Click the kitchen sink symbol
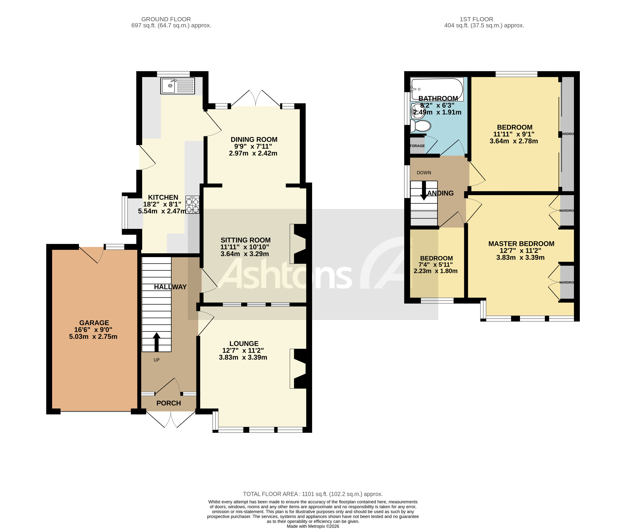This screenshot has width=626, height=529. pyautogui.click(x=177, y=86)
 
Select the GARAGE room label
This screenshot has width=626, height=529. pyautogui.click(x=94, y=323)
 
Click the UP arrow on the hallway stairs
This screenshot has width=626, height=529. pyautogui.click(x=156, y=342)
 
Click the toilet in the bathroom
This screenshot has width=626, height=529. pyautogui.click(x=421, y=126)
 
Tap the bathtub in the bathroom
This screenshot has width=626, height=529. pyautogui.click(x=437, y=89)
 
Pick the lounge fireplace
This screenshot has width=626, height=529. pyautogui.click(x=298, y=369)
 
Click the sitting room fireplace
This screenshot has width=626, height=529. pyautogui.click(x=298, y=244)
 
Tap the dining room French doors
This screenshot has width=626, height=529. pyautogui.click(x=256, y=98)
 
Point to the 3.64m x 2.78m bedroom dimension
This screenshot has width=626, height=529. pyautogui.click(x=514, y=141)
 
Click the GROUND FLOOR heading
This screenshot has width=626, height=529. pyautogui.click(x=166, y=19)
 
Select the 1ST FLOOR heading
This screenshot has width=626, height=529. pyautogui.click(x=476, y=19)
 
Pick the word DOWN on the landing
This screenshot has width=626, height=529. pyautogui.click(x=424, y=173)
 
